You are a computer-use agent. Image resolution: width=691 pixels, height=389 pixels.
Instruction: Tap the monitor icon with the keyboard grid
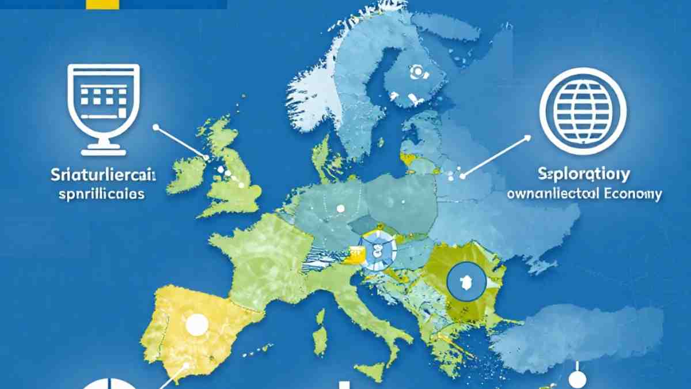(x=104, y=107)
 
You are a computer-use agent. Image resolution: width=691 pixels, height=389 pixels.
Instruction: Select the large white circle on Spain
(x=196, y=326)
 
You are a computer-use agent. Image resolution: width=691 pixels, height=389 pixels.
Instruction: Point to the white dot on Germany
(x=340, y=209)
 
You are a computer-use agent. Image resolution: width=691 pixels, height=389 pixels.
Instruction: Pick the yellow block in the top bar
(x=102, y=4)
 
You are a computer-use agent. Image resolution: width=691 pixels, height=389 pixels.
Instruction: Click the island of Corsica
(x=320, y=316)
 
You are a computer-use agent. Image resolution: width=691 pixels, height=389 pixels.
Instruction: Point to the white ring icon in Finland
(x=416, y=72)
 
